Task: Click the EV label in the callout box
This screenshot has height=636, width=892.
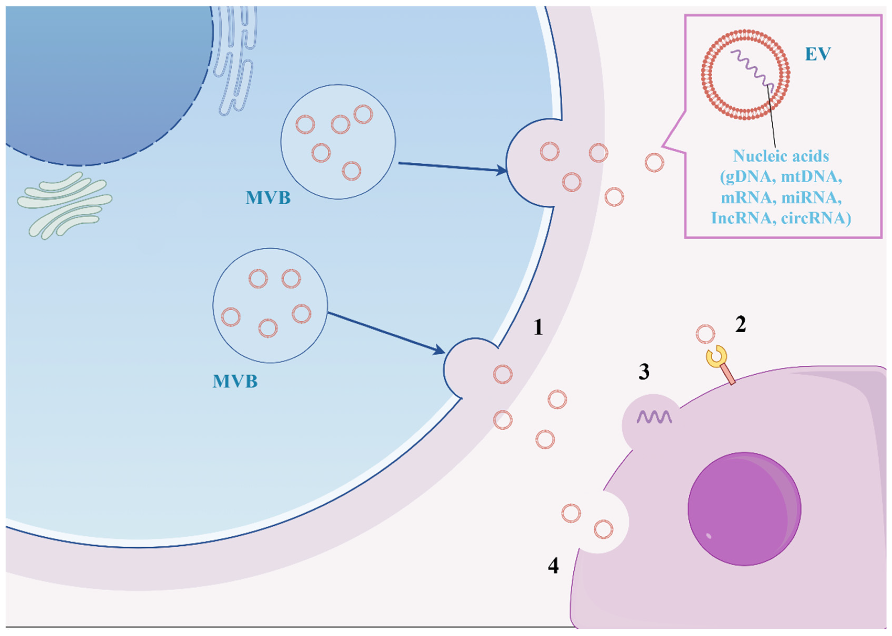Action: point(817,54)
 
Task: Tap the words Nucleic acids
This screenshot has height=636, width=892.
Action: point(781,156)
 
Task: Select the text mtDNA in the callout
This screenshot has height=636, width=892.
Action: point(811,177)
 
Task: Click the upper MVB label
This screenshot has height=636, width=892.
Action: point(268,198)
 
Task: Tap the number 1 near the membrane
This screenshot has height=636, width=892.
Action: point(538,327)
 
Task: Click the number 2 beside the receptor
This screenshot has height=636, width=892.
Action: point(740,325)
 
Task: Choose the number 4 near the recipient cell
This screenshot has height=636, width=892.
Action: point(553,565)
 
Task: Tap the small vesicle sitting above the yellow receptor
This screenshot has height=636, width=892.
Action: point(705,334)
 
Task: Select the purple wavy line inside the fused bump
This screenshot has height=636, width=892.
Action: point(654,417)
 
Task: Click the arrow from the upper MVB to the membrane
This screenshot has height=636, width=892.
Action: point(451,167)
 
